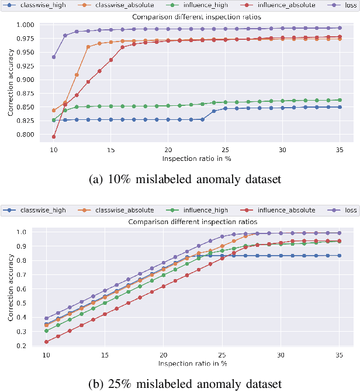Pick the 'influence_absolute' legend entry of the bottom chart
[286, 209]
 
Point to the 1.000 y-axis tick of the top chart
[31, 25]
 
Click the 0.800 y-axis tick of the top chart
[31, 135]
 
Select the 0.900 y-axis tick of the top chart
[31, 80]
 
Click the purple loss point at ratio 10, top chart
[54, 57]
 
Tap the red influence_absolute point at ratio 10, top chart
[54, 137]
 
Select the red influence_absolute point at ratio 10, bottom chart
[46, 342]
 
